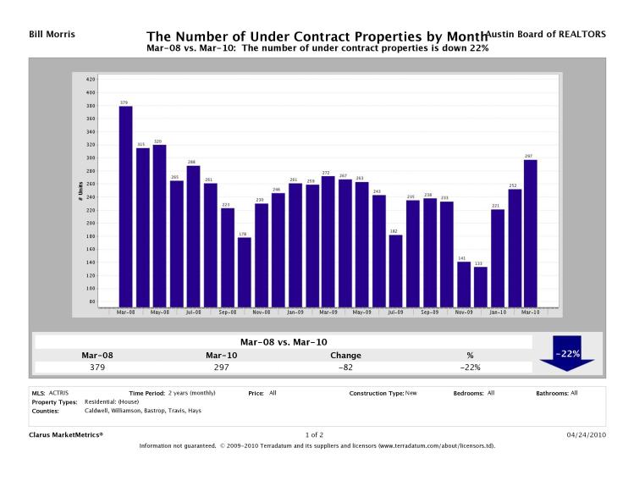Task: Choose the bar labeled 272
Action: tap(328, 240)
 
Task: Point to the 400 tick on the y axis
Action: tap(90, 92)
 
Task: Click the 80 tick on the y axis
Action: tap(91, 301)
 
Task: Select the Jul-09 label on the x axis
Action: tap(395, 312)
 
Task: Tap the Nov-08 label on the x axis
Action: tap(261, 312)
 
